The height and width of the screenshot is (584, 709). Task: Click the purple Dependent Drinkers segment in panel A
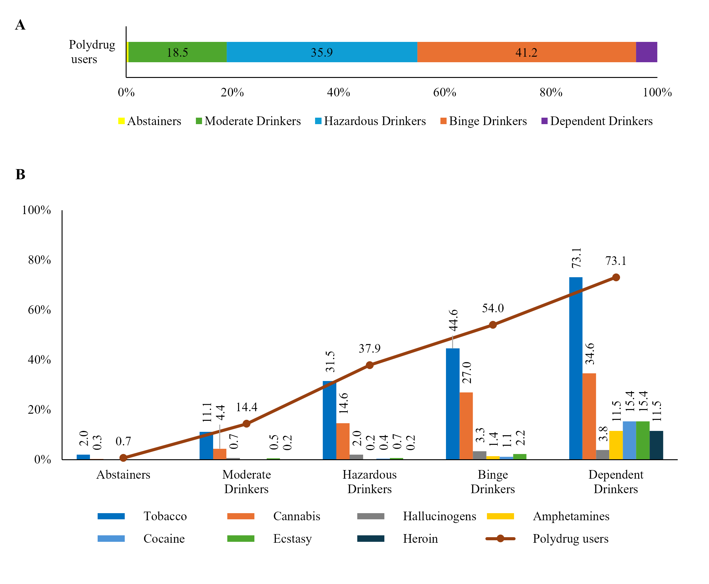point(646,52)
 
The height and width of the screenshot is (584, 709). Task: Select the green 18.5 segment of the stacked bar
point(177,52)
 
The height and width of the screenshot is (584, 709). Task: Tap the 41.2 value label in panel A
point(526,52)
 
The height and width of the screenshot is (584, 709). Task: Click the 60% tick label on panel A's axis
point(444,92)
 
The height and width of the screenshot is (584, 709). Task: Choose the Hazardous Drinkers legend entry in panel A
point(370,121)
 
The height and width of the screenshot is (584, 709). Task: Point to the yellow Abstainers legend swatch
point(121,121)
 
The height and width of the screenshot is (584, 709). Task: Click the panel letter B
point(20,175)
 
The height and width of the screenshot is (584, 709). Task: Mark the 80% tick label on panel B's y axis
point(39,260)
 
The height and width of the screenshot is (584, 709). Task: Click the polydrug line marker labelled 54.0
point(493,325)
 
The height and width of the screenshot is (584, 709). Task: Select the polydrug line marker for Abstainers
point(123,458)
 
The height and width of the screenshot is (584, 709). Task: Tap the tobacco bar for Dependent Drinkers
point(575,368)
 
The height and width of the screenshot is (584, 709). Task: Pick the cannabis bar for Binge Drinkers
point(466,426)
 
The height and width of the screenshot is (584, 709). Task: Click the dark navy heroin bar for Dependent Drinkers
point(656,445)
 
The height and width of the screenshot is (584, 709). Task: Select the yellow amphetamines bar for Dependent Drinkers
point(616,445)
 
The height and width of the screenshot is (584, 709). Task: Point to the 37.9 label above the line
point(369,348)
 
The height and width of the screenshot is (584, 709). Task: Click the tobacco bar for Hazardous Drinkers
point(329,420)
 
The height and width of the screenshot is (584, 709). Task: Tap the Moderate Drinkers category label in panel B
point(246,482)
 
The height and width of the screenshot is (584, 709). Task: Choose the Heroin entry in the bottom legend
point(420,539)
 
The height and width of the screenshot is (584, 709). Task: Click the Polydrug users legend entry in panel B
point(570,539)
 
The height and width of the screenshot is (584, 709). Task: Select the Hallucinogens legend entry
point(439,516)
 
